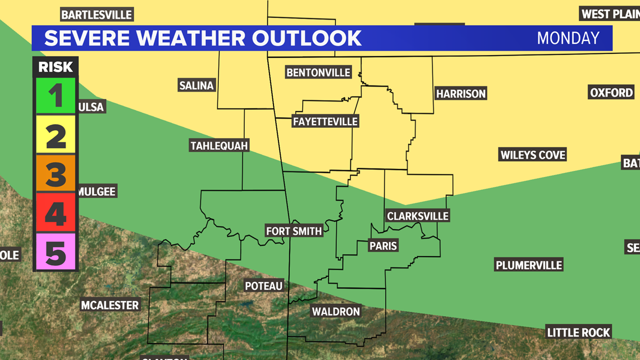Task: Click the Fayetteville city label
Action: coord(325,121)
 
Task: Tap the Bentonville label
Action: coord(318,72)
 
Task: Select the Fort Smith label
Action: coord(294,231)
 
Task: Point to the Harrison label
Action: coord(460,94)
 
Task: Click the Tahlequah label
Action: coord(219,146)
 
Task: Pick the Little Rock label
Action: coord(578,332)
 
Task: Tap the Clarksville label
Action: coord(418,216)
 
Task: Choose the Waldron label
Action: coord(336,311)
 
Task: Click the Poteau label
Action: coord(263,286)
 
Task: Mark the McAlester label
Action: coord(109,306)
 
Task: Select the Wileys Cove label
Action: coord(533,154)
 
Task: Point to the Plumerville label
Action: coord(528,265)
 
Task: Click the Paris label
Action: coord(383,245)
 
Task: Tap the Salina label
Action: coord(196,86)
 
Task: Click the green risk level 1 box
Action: coord(56,96)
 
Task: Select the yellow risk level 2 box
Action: coord(56,134)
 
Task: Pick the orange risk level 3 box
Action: coord(56,172)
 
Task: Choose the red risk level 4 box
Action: coord(56,212)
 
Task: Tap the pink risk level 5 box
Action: coord(56,250)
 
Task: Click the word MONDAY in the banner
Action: coord(568,38)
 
